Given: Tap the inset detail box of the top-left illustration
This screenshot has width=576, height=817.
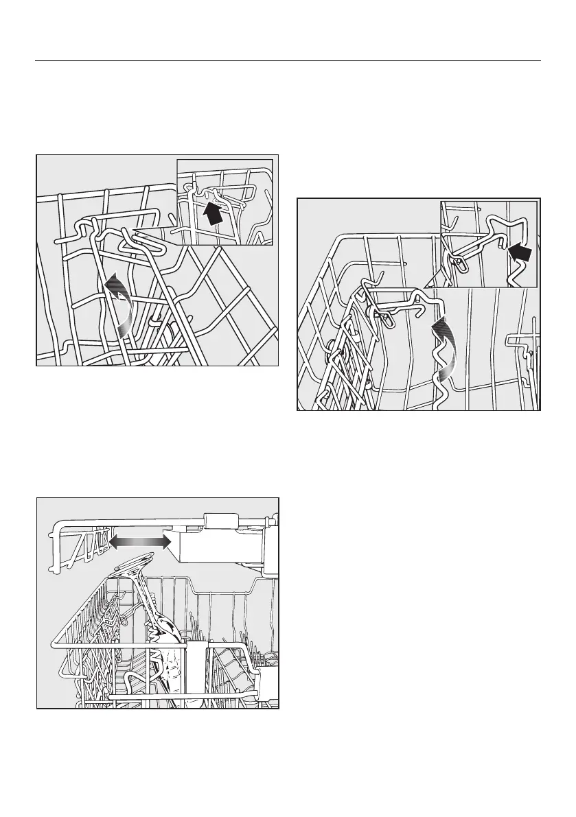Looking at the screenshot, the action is [225, 202].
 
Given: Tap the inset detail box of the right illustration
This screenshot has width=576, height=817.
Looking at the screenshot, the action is [488, 244].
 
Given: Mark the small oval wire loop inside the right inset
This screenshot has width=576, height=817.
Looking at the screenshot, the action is [457, 265].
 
